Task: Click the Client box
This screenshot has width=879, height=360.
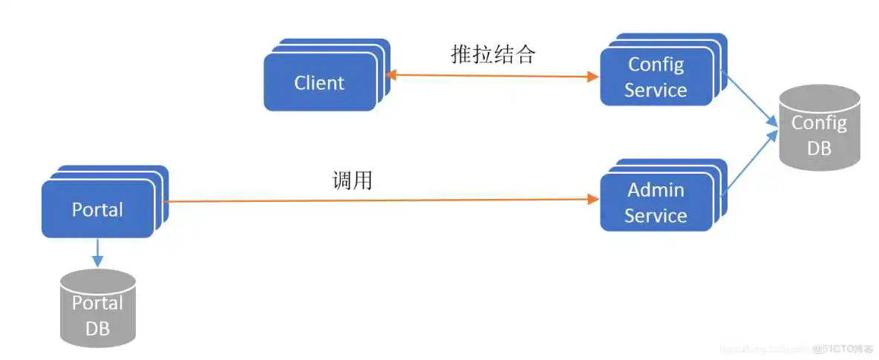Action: click(319, 82)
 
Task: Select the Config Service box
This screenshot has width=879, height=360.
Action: click(656, 77)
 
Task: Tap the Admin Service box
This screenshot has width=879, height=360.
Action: click(656, 203)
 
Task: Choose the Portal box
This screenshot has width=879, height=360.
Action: click(97, 210)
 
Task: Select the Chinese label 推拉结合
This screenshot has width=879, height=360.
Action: click(493, 54)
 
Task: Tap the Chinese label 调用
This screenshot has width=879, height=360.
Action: click(351, 180)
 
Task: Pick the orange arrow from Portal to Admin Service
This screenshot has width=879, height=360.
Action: click(371, 200)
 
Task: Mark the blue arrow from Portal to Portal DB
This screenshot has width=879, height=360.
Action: click(97, 252)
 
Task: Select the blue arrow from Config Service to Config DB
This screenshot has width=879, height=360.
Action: click(750, 98)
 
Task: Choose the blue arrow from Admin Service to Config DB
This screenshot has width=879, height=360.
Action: click(750, 165)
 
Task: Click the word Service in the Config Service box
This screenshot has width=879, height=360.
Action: click(656, 91)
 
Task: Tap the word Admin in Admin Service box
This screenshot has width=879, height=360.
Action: click(656, 190)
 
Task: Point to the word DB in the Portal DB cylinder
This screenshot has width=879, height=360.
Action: click(97, 327)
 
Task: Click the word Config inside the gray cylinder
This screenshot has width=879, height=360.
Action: click(819, 122)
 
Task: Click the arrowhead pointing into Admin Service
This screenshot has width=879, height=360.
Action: click(592, 199)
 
